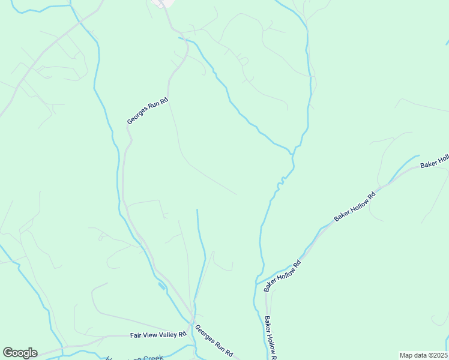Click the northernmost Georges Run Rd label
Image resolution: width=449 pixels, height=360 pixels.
[148, 112]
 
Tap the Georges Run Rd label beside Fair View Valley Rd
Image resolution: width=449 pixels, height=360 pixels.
[214, 340]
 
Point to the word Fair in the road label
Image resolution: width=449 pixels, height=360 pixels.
[136, 336]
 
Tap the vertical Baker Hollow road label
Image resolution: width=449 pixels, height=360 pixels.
[270, 338]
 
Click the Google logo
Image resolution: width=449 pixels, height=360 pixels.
[20, 353]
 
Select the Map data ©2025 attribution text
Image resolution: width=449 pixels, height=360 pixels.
[424, 355]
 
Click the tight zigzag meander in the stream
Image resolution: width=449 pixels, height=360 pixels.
[278, 186]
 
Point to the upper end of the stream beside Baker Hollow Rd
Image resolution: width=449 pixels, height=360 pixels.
[418, 156]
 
